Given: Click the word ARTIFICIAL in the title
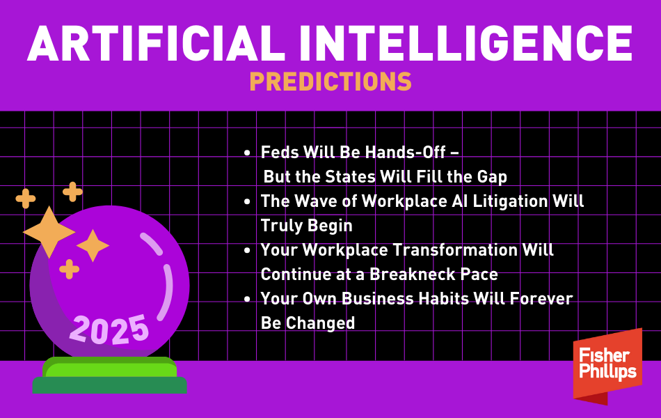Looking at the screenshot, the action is [157, 43].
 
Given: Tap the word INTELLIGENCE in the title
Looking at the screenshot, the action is [467, 43].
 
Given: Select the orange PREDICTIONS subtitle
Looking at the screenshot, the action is [330, 82].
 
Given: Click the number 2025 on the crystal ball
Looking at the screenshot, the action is [109, 330].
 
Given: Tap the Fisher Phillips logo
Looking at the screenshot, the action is [607, 366].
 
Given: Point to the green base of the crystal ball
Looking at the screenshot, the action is [110, 376].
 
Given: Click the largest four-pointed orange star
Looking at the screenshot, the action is [49, 232].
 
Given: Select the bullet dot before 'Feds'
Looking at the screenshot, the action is [248, 153].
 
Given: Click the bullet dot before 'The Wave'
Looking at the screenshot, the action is [248, 202].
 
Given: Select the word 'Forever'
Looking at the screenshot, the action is [541, 299].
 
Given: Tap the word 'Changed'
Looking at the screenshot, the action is [320, 324].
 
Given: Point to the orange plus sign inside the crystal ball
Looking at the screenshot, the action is [69, 270].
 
